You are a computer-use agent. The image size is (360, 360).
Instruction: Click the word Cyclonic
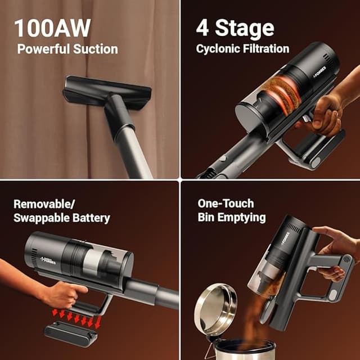click(217, 49)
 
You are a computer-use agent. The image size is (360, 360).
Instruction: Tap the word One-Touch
click(226, 203)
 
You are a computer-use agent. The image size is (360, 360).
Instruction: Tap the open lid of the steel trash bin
click(215, 307)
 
